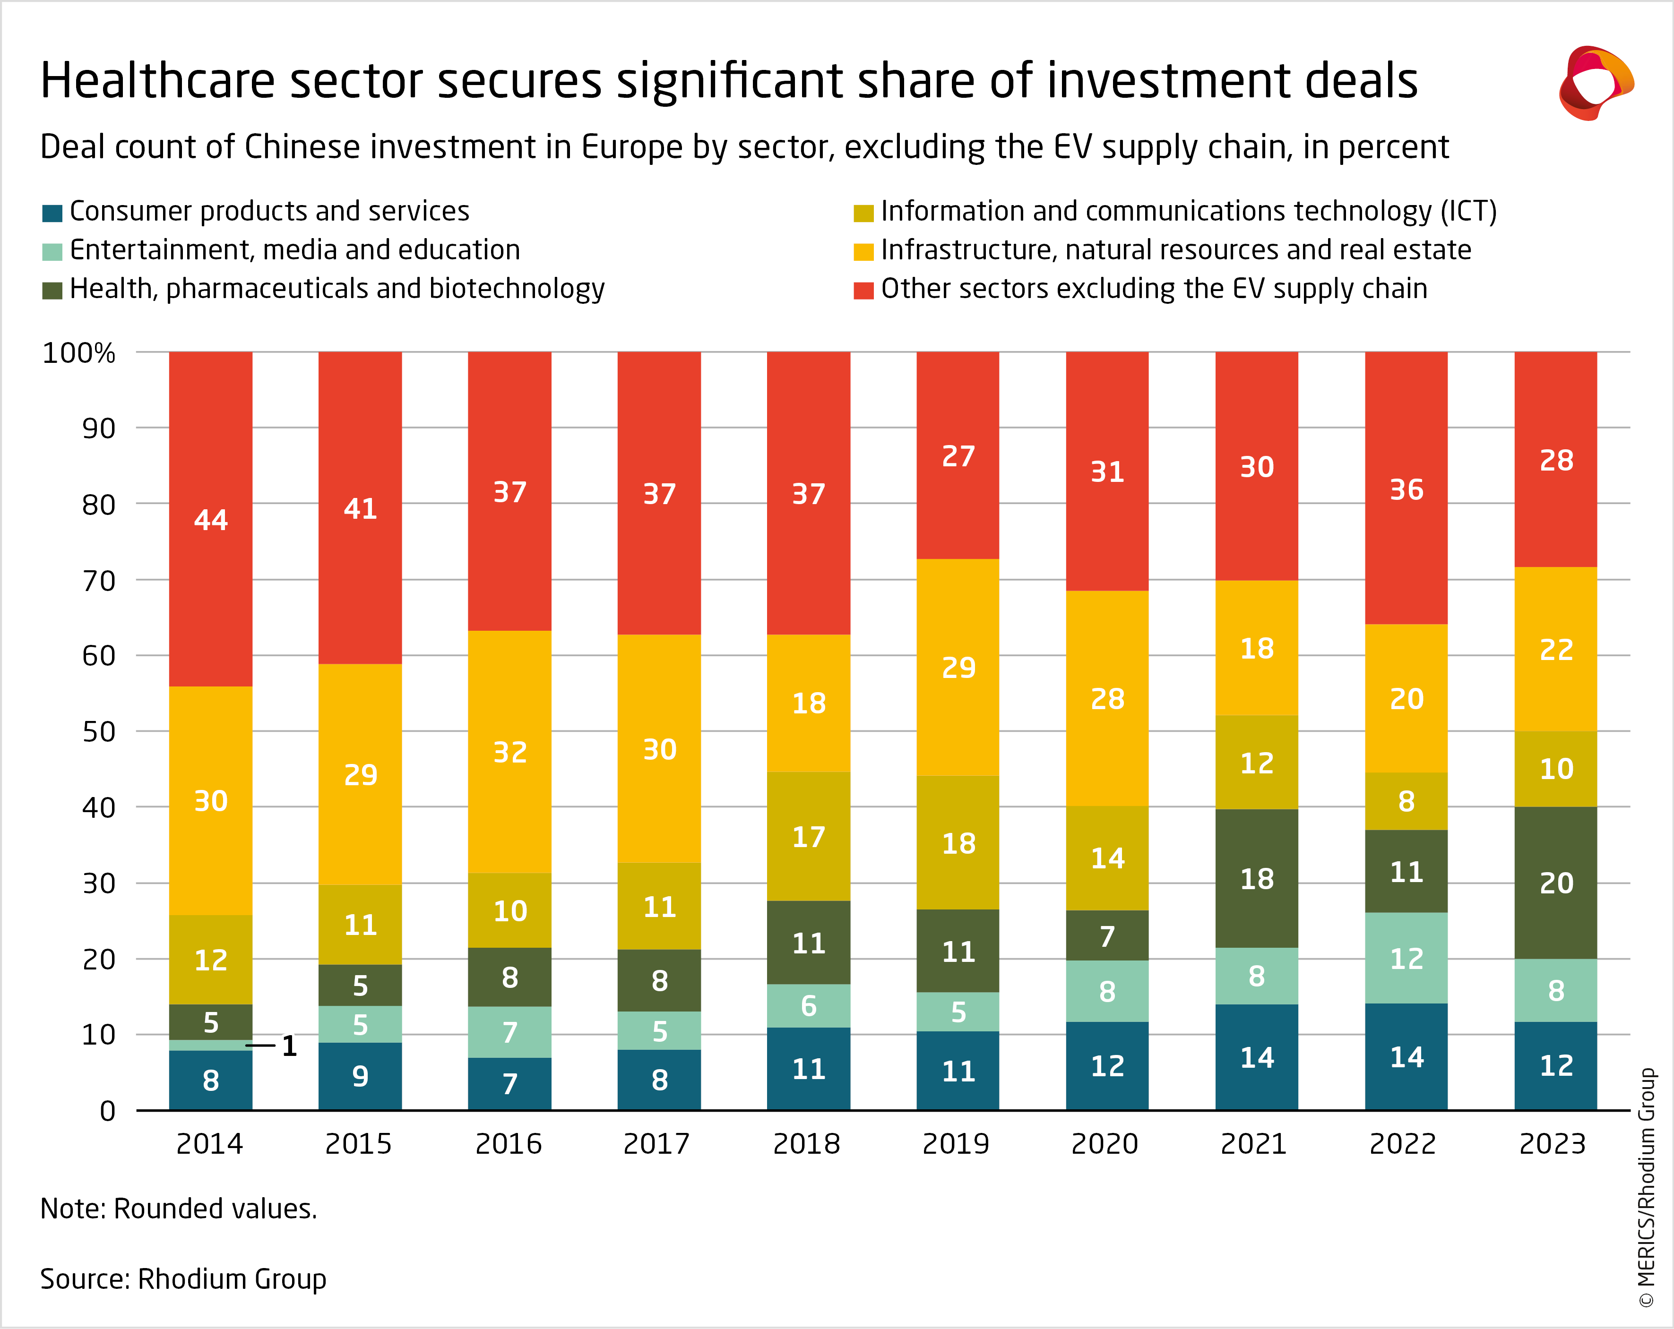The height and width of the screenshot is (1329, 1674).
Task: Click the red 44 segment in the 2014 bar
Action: pyautogui.click(x=210, y=519)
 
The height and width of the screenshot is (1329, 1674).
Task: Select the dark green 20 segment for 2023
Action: pyautogui.click(x=1555, y=883)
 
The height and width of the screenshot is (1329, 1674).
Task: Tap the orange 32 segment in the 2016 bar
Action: pyautogui.click(x=509, y=752)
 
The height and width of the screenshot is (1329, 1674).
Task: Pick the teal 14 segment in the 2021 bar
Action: pyautogui.click(x=1256, y=1057)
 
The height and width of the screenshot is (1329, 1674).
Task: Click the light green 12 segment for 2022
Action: pyautogui.click(x=1406, y=958)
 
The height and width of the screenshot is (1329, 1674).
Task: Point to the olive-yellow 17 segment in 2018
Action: pyautogui.click(x=808, y=837)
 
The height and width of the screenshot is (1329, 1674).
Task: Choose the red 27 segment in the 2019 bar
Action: pyautogui.click(x=958, y=456)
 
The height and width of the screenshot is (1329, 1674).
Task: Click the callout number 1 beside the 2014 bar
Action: pyautogui.click(x=289, y=1046)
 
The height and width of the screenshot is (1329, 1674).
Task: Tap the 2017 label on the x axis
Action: pyautogui.click(x=657, y=1143)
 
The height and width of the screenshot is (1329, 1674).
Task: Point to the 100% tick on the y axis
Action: pyautogui.click(x=78, y=353)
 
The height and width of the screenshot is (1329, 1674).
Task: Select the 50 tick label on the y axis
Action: pyautogui.click(x=99, y=731)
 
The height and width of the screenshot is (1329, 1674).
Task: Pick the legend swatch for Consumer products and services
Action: pyautogui.click(x=52, y=213)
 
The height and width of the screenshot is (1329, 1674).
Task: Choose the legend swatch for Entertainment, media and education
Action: pyautogui.click(x=52, y=251)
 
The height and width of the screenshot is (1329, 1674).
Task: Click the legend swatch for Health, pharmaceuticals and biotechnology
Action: pyautogui.click(x=52, y=291)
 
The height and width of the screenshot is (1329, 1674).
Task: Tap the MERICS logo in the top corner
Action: pyautogui.click(x=1596, y=83)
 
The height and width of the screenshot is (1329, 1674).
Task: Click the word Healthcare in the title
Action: pyautogui.click(x=158, y=81)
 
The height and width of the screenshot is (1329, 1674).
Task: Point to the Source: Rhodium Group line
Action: pyautogui.click(x=183, y=1278)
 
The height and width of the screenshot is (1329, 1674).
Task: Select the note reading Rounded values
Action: pyautogui.click(x=179, y=1209)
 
